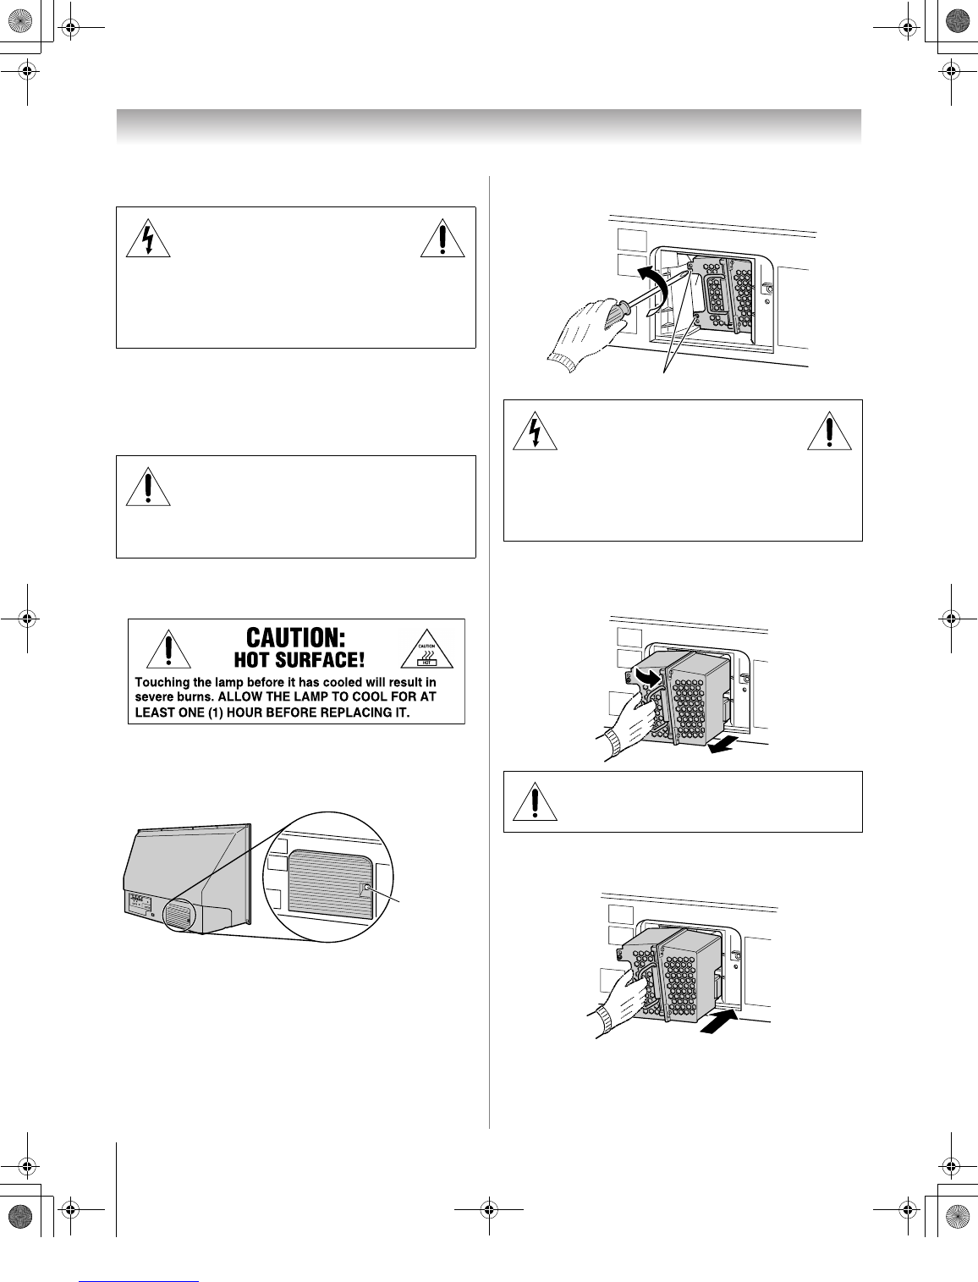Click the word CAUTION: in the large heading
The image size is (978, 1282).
[295, 637]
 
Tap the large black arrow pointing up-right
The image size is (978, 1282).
[717, 1021]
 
